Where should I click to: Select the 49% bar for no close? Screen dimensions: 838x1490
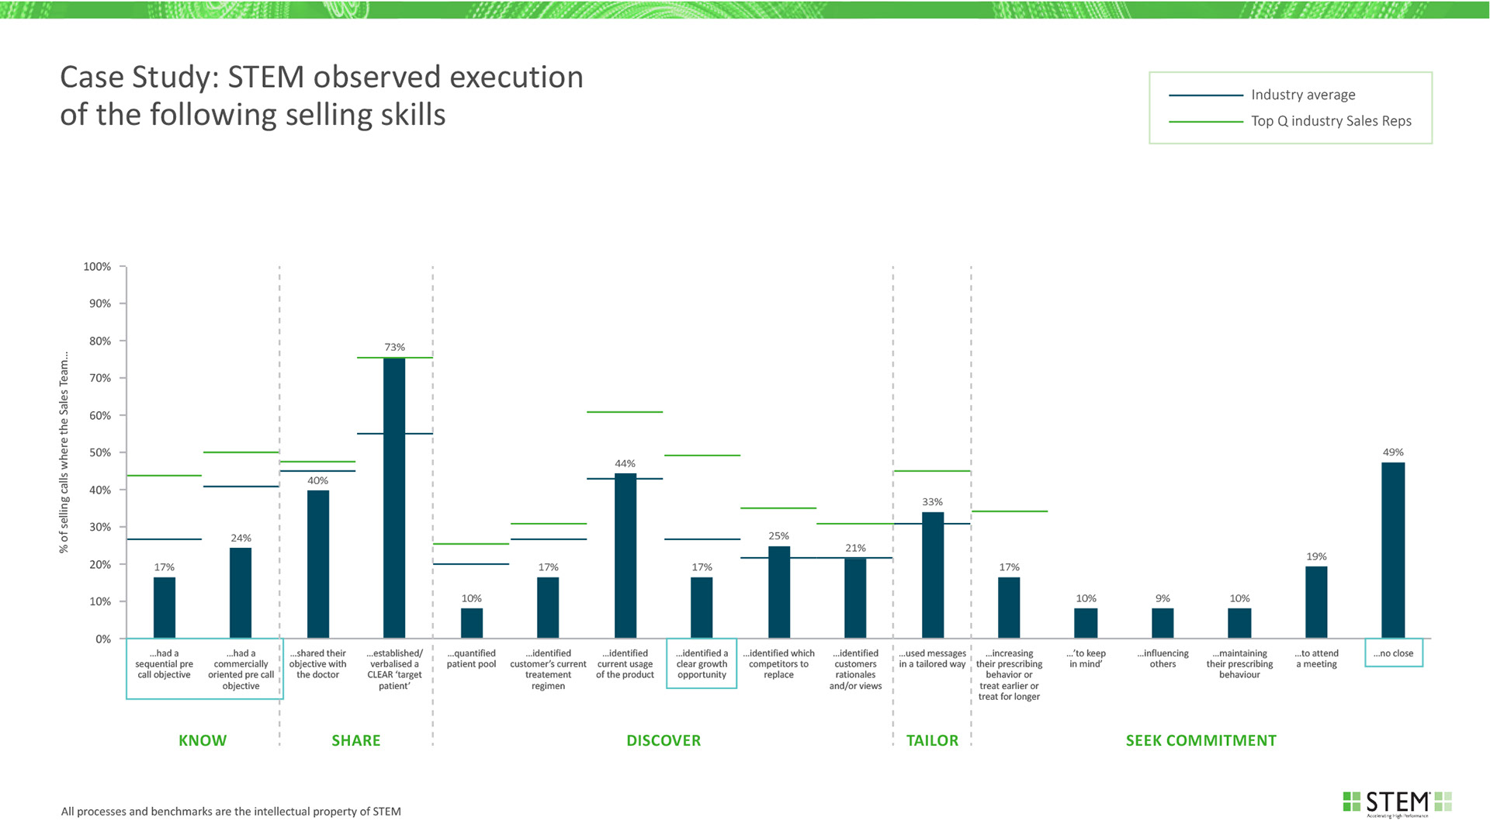(x=1393, y=550)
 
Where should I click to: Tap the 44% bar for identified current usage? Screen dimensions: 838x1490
(x=625, y=556)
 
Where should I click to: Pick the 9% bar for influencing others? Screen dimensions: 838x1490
(x=1163, y=623)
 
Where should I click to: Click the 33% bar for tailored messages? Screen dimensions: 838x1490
(x=932, y=575)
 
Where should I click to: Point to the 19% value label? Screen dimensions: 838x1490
(x=1316, y=556)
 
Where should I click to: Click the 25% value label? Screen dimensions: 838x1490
(x=778, y=536)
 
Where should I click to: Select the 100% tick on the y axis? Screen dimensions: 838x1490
(x=97, y=267)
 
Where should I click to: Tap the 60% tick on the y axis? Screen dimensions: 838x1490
(x=99, y=416)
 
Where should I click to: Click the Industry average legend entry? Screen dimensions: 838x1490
(x=1303, y=95)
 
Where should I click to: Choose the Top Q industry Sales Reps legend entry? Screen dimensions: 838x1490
(x=1331, y=121)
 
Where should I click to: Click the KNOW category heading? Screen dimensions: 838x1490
(x=203, y=740)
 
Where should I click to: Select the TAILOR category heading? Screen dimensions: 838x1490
(x=932, y=740)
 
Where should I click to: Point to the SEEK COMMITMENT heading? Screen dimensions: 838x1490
(x=1201, y=740)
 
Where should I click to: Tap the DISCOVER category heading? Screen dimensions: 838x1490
(x=664, y=740)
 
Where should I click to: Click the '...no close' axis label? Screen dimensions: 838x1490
(x=1393, y=653)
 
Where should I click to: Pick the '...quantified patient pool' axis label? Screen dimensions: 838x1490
(x=471, y=659)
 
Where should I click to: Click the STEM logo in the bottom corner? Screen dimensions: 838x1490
(x=1397, y=802)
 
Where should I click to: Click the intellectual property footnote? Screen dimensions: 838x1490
(x=231, y=812)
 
